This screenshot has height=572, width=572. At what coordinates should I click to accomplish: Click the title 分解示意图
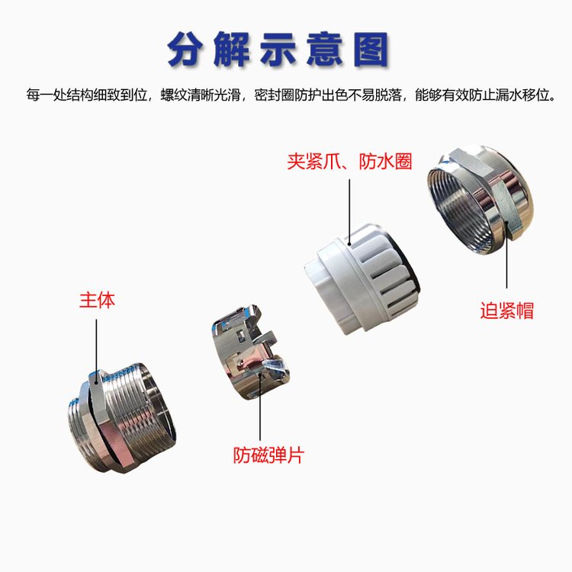click(278, 50)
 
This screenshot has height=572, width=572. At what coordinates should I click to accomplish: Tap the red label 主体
click(97, 300)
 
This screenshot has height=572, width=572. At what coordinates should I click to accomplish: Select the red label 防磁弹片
click(268, 455)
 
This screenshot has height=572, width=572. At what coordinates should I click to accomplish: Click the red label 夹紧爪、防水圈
click(349, 162)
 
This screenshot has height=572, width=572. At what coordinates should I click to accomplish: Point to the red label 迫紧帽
click(506, 311)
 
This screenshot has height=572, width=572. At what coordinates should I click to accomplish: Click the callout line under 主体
click(97, 352)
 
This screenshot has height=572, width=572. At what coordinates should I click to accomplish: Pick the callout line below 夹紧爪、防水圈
click(349, 212)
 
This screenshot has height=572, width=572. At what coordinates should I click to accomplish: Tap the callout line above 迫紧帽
click(506, 255)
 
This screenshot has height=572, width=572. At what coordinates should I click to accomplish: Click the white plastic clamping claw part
click(362, 278)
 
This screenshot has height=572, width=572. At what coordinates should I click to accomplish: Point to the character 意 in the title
click(324, 50)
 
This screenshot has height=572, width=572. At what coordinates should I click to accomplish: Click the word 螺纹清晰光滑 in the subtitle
click(201, 95)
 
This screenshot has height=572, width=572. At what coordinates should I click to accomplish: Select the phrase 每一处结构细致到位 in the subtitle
click(86, 95)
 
